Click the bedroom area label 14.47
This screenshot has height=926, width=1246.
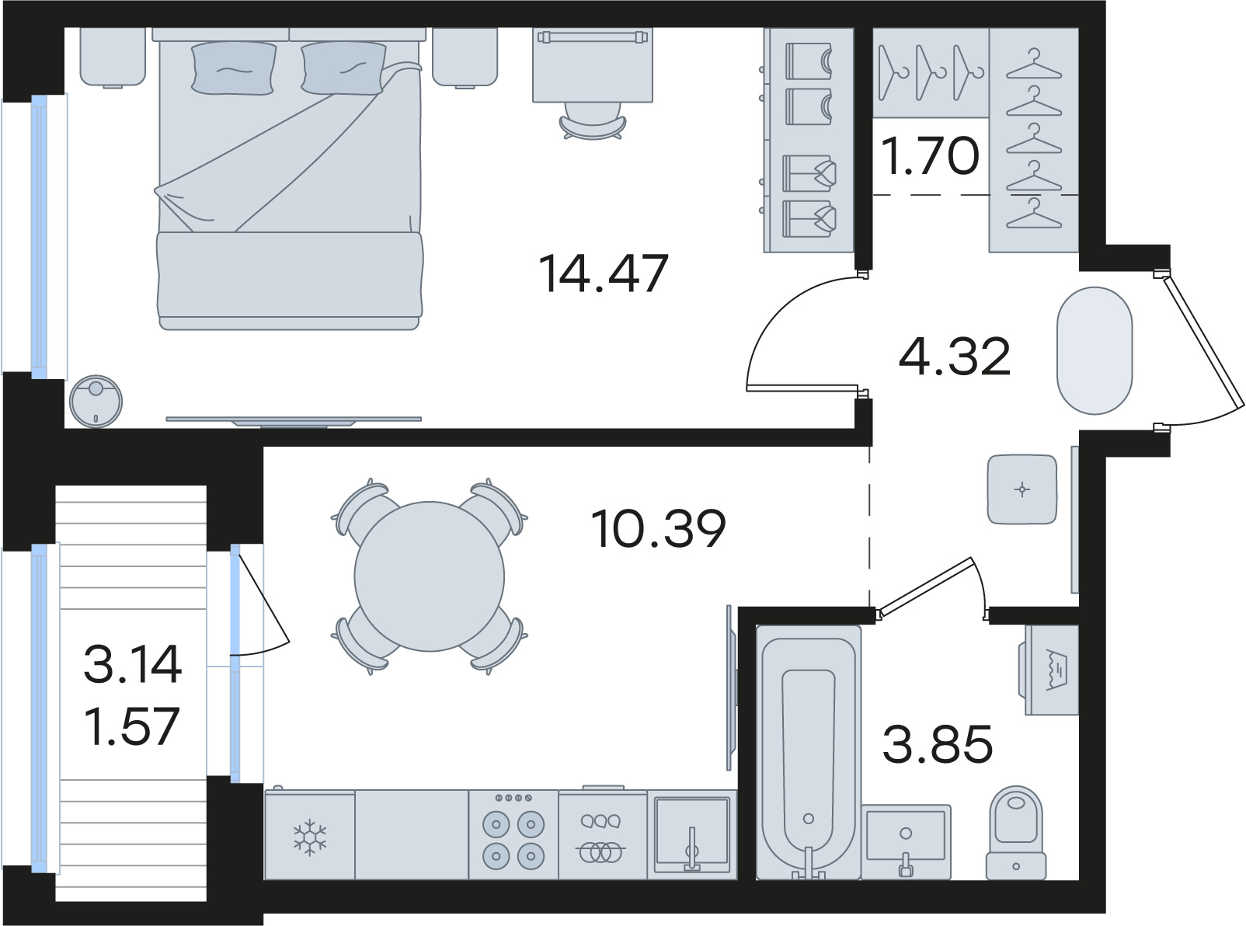[604, 273]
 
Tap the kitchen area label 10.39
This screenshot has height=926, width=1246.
[659, 528]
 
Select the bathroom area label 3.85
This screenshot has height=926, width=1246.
[938, 744]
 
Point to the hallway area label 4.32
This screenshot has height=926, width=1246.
[955, 357]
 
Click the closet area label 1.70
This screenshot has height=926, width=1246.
[930, 155]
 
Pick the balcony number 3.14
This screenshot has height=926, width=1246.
[133, 664]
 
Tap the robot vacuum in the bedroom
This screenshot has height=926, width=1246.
[96, 401]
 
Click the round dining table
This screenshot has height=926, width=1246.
[430, 576]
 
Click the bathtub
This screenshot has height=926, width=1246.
[809, 752]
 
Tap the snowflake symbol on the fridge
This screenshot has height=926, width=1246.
[309, 837]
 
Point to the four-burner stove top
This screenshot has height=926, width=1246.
[513, 835]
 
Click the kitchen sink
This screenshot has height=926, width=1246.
[692, 835]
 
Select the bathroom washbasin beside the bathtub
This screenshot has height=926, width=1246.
[906, 842]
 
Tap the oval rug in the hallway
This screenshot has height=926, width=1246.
[1095, 350]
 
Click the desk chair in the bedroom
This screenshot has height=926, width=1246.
[592, 120]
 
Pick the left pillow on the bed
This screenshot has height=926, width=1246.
[234, 68]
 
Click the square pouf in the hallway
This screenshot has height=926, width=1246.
[1022, 489]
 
